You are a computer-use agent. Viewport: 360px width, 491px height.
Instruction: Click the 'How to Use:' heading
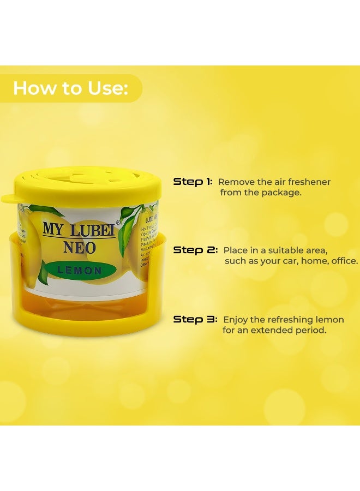tap(70, 88)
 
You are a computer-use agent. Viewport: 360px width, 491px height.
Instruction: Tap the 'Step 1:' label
tap(193, 182)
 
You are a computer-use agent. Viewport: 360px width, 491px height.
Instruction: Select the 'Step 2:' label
tap(195, 250)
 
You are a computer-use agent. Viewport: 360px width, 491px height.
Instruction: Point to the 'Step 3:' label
tap(195, 319)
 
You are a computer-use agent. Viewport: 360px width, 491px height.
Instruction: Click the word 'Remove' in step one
tap(233, 182)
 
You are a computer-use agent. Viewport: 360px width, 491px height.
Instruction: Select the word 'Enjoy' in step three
tap(236, 319)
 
